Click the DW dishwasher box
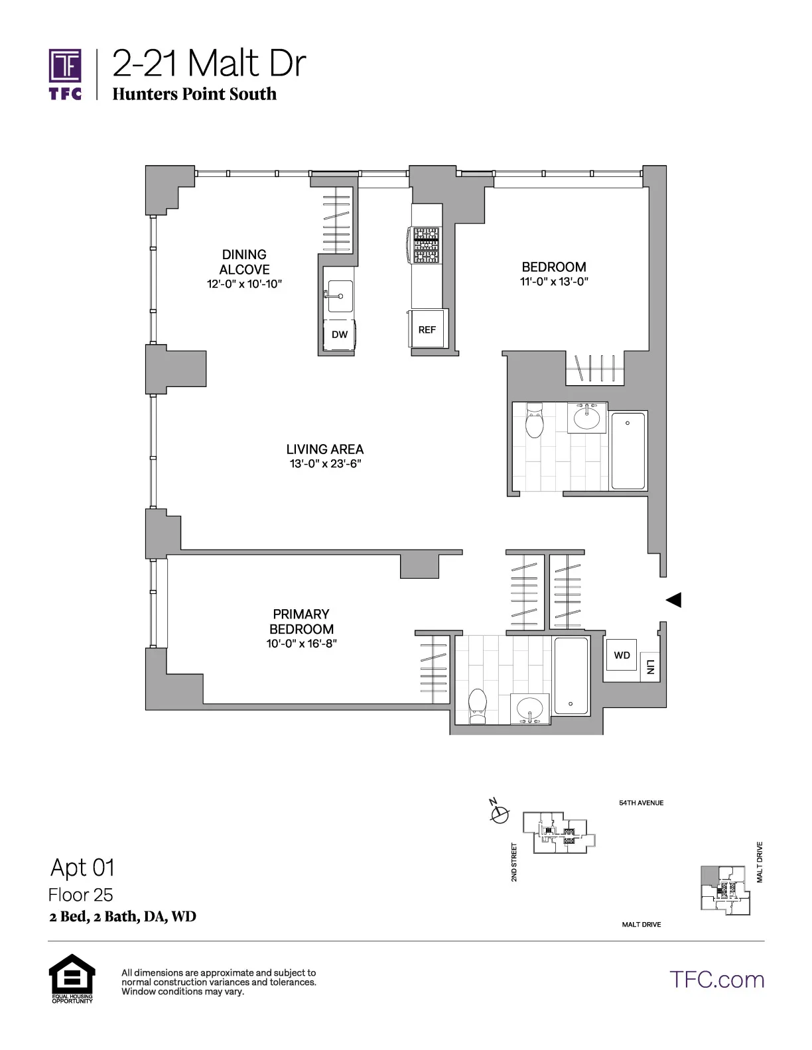pyautogui.click(x=339, y=335)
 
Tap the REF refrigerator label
pyautogui.click(x=427, y=329)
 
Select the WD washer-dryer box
pyautogui.click(x=622, y=656)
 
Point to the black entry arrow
pyautogui.click(x=673, y=600)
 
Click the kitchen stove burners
pyautogui.click(x=427, y=245)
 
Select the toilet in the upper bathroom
pyautogui.click(x=534, y=422)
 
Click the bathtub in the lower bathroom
pyautogui.click(x=571, y=676)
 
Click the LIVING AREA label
pyautogui.click(x=325, y=449)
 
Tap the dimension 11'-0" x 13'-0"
pyautogui.click(x=554, y=281)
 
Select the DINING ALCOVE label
pyautogui.click(x=244, y=262)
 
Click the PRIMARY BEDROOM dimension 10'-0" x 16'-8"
pyautogui.click(x=302, y=643)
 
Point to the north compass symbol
pyautogui.click(x=500, y=812)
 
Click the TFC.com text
pyautogui.click(x=716, y=979)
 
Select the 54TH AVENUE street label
pyautogui.click(x=641, y=803)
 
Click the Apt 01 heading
pyautogui.click(x=82, y=867)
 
